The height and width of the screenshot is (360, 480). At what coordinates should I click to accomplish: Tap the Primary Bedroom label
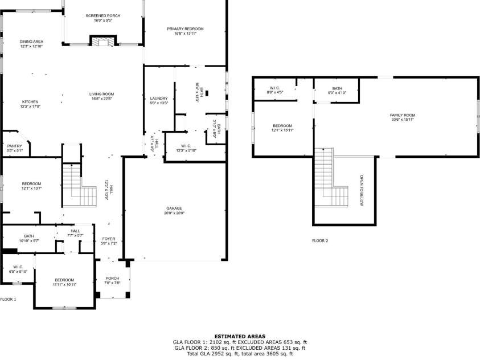click(185, 28)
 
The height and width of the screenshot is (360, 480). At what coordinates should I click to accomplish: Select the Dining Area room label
click(31, 42)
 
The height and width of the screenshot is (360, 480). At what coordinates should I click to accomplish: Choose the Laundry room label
click(159, 99)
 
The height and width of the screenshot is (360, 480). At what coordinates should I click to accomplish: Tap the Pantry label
click(14, 146)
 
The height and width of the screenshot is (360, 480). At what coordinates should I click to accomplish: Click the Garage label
click(174, 208)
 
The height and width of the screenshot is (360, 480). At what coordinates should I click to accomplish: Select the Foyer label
click(108, 239)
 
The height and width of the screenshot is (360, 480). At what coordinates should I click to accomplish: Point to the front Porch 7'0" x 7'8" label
click(112, 279)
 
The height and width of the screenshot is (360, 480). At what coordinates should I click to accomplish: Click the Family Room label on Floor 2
click(402, 115)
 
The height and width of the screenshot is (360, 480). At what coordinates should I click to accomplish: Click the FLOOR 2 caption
click(320, 240)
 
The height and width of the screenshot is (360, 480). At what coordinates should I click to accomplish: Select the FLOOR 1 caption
click(9, 299)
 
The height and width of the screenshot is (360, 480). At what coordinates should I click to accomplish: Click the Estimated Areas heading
click(240, 336)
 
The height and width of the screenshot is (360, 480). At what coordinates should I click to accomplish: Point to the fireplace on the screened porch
click(102, 41)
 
